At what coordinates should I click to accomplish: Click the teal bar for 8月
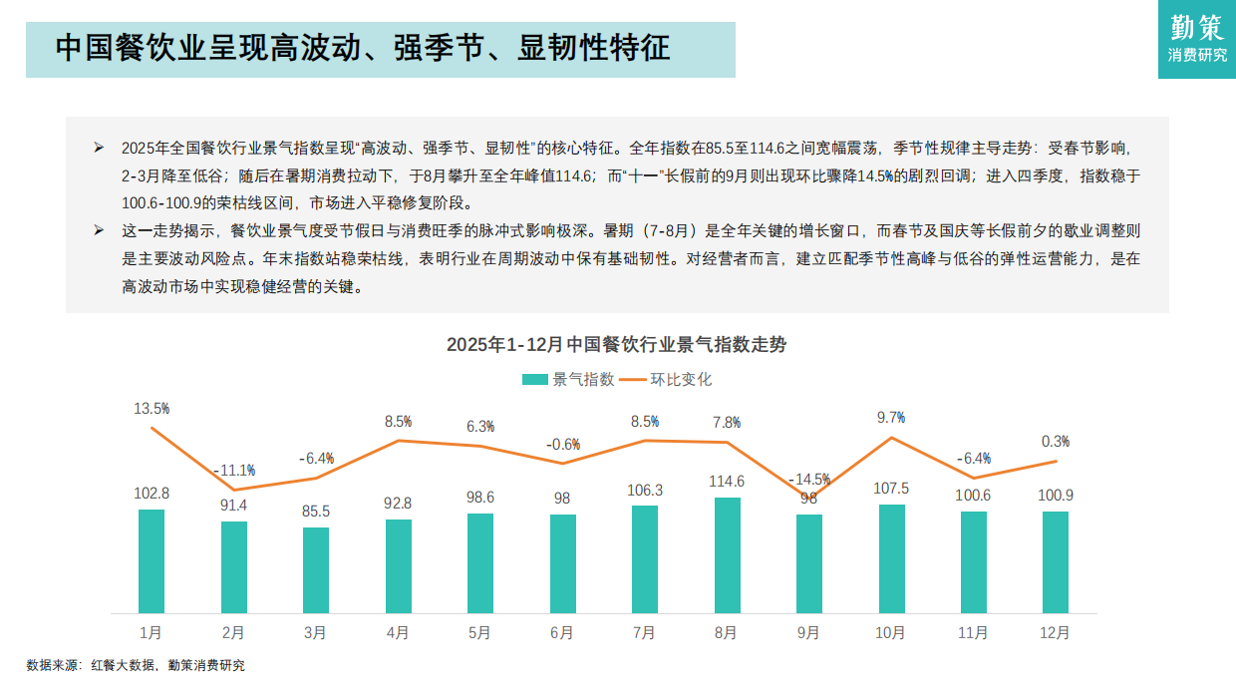click(728, 555)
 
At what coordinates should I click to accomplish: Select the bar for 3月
click(316, 569)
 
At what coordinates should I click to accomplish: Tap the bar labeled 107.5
click(892, 558)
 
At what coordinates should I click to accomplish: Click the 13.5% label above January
click(152, 409)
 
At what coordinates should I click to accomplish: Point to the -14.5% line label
click(808, 479)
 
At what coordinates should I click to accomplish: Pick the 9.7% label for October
click(891, 418)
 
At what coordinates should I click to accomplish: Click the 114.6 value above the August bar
click(728, 482)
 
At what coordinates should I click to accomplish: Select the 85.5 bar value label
click(316, 512)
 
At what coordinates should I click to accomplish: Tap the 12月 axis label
click(1055, 632)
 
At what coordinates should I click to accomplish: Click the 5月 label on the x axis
click(479, 632)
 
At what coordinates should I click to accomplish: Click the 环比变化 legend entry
click(667, 379)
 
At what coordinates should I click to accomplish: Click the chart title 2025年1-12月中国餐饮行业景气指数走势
click(616, 345)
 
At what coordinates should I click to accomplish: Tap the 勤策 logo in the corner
click(1197, 39)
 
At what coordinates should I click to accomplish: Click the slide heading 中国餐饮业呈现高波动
click(363, 49)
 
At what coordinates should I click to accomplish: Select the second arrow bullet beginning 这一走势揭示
click(100, 230)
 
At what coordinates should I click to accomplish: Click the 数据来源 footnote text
click(136, 665)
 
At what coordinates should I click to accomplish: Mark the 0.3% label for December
click(1055, 441)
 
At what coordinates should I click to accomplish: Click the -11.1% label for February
click(234, 470)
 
